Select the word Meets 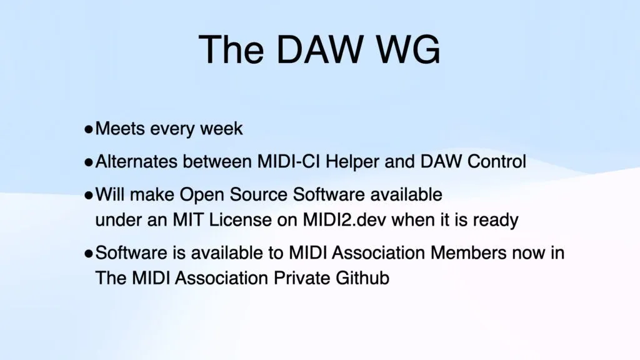[x=120, y=129]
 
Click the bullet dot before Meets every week [x=89, y=130]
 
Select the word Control [x=496, y=162]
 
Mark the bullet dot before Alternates [x=89, y=163]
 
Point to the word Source [x=258, y=195]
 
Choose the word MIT [x=187, y=220]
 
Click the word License [x=241, y=220]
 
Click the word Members [x=469, y=253]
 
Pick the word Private [x=302, y=278]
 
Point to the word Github [x=362, y=278]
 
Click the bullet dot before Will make [x=89, y=196]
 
